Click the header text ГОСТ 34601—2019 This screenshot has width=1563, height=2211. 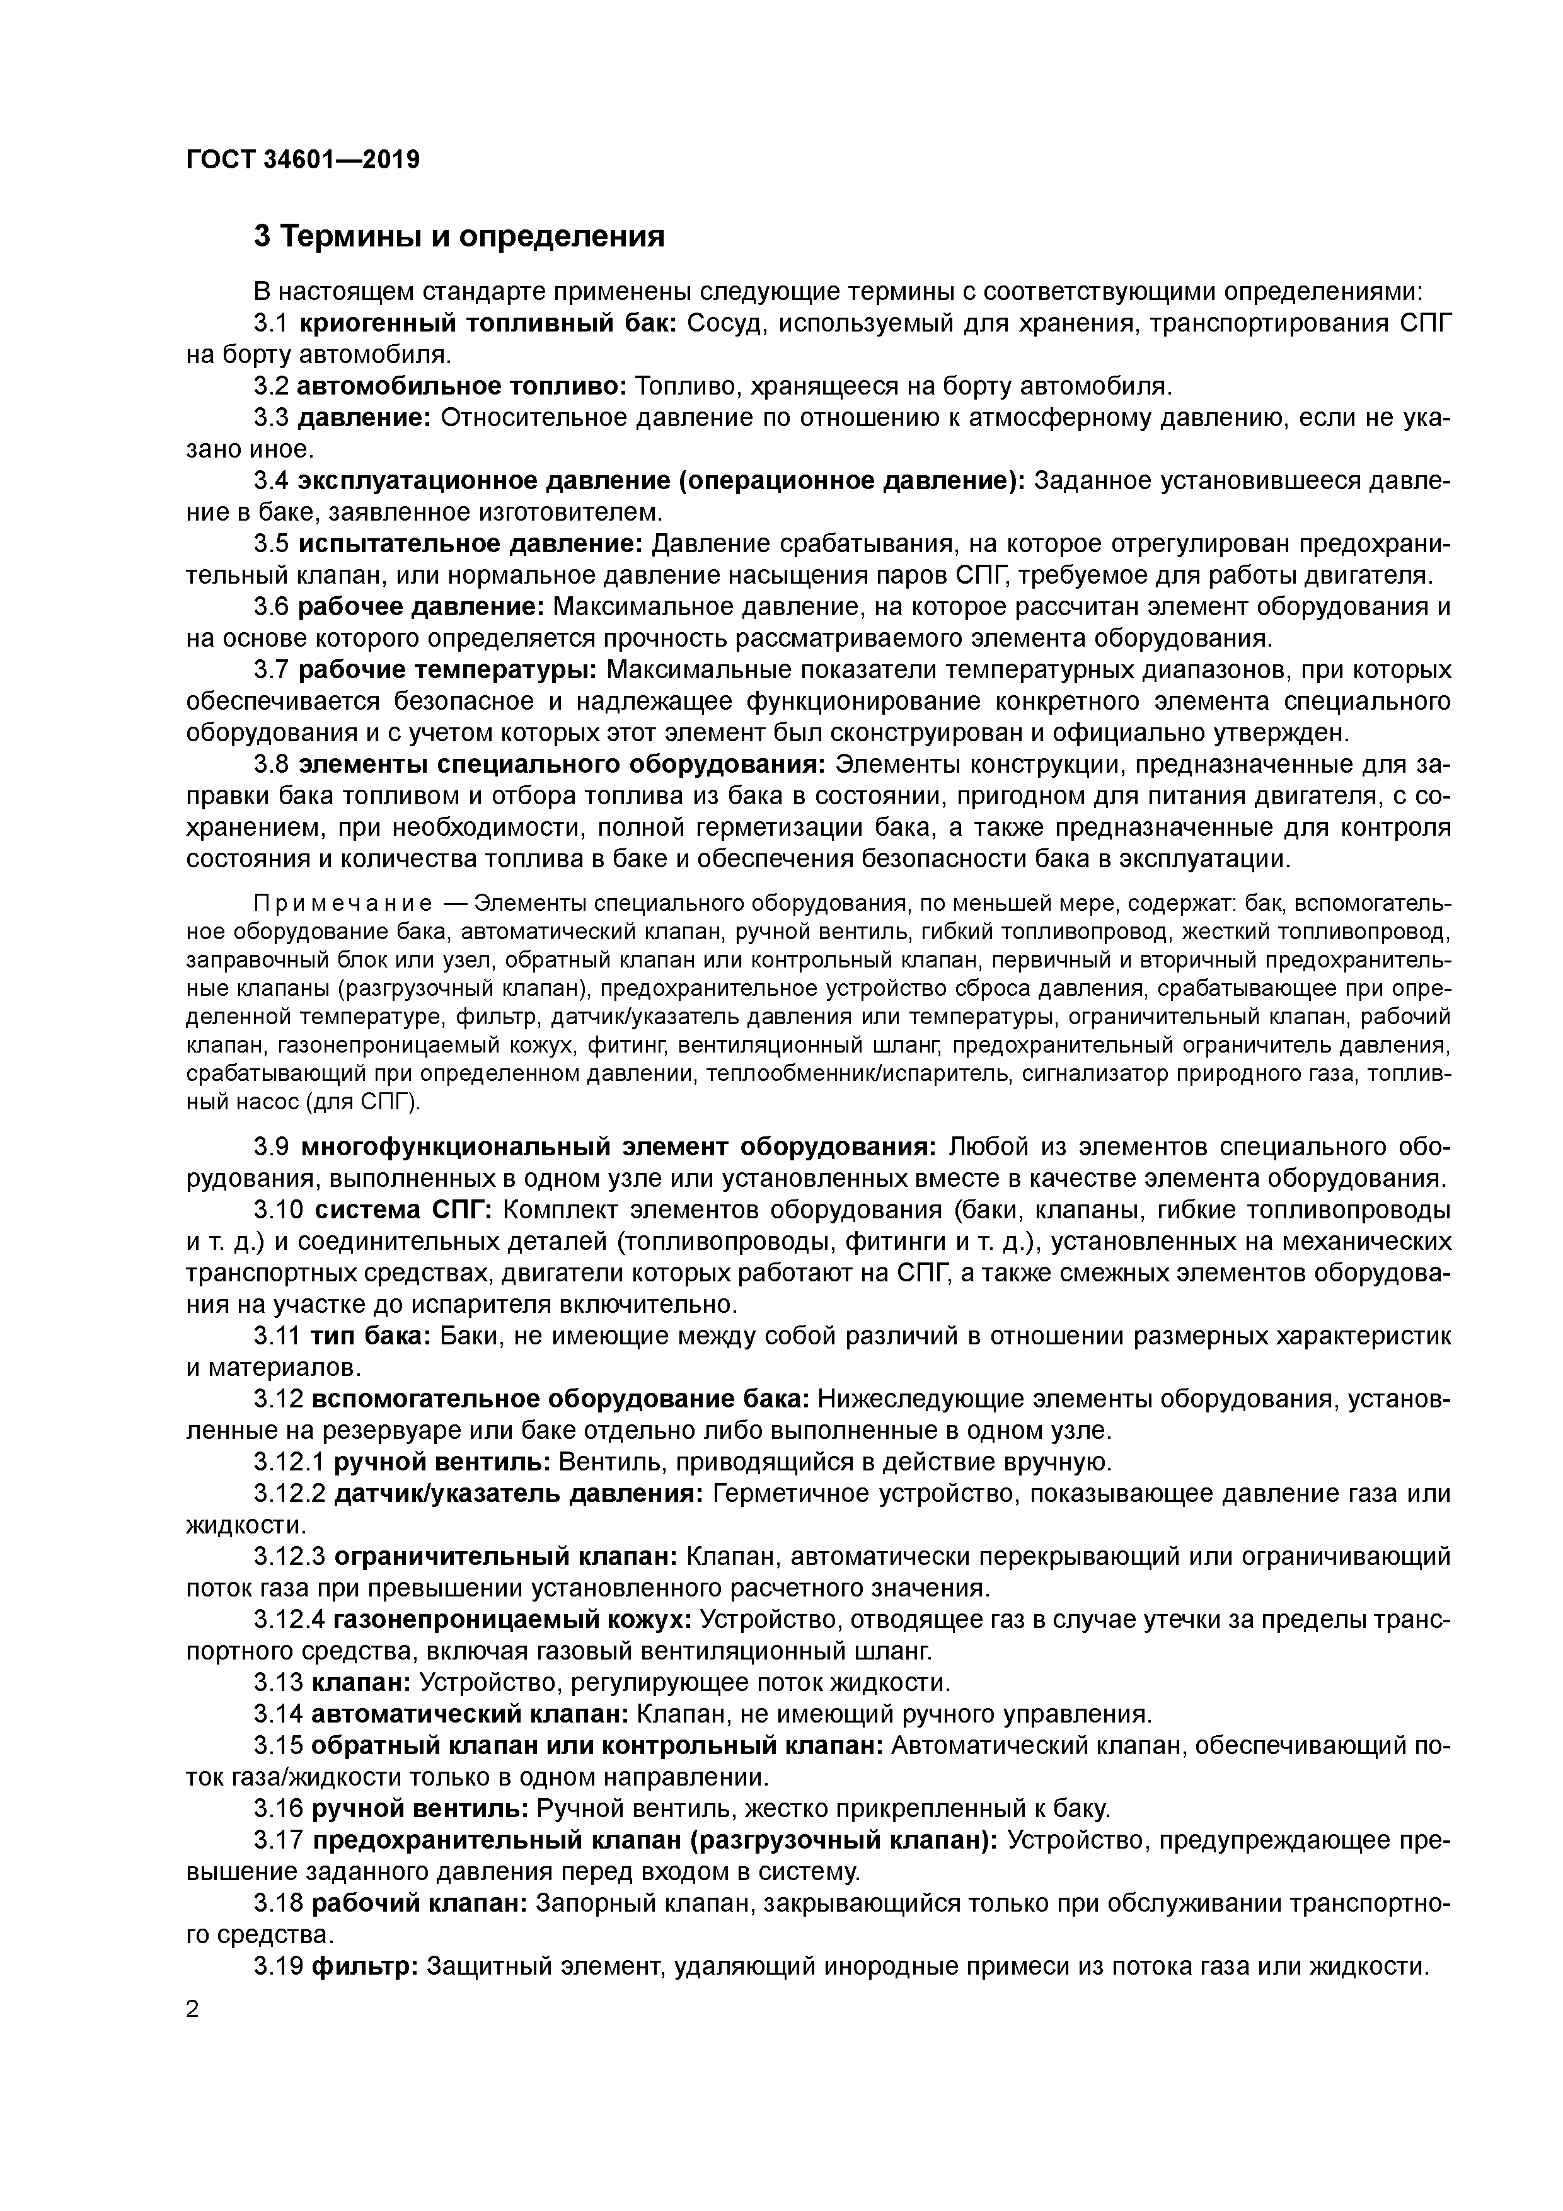tap(303, 159)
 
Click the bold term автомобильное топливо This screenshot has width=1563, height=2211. tap(462, 386)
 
